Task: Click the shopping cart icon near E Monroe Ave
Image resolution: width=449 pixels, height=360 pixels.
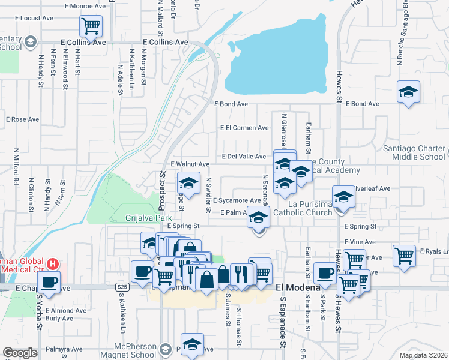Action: pyautogui.click(x=91, y=26)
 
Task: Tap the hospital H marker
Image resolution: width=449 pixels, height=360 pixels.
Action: pyautogui.click(x=53, y=263)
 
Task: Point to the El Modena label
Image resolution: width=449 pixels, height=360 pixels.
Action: pyautogui.click(x=295, y=287)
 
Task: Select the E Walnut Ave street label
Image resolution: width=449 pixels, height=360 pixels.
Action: pyautogui.click(x=190, y=164)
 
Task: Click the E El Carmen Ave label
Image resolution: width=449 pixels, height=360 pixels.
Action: pyautogui.click(x=244, y=128)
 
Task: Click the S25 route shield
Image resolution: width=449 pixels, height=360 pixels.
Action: pyautogui.click(x=122, y=287)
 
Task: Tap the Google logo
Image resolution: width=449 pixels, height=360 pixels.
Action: pyautogui.click(x=20, y=353)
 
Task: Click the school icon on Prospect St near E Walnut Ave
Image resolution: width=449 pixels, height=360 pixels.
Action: pyautogui.click(x=188, y=183)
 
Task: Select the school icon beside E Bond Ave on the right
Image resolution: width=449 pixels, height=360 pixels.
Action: pyautogui.click(x=408, y=92)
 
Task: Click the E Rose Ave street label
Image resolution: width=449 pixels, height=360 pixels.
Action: pyautogui.click(x=22, y=119)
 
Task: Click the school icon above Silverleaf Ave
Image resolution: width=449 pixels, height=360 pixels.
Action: pyautogui.click(x=343, y=197)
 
